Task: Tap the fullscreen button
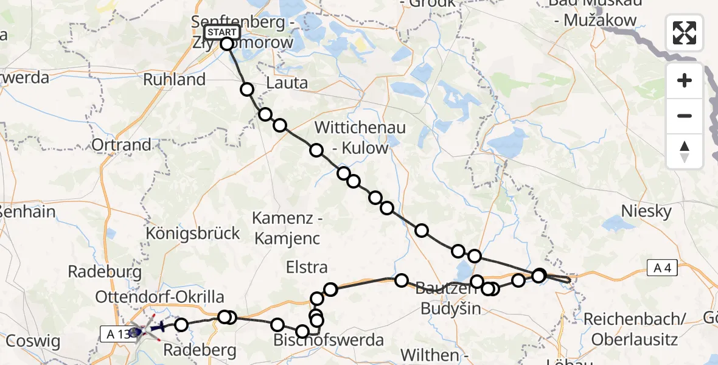tap(685, 33)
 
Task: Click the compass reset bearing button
tap(685, 151)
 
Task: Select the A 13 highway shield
tap(114, 333)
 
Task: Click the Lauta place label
tap(287, 83)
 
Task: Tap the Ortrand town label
tap(121, 145)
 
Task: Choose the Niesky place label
tap(646, 212)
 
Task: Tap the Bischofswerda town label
tap(329, 340)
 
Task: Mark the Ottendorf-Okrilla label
tap(159, 297)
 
